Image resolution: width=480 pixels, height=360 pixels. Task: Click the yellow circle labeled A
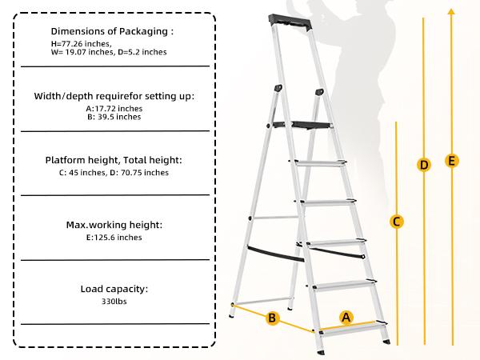[x=346, y=317]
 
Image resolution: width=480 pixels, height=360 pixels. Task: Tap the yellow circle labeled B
[x=271, y=318]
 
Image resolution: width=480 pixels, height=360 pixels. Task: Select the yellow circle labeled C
[x=396, y=222]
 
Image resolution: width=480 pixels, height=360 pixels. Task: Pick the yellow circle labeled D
[x=424, y=165]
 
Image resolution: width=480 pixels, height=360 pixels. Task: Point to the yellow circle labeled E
[x=452, y=161]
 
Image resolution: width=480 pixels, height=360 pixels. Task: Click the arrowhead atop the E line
[x=452, y=10]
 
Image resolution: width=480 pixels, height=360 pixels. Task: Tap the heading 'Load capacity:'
[x=114, y=289]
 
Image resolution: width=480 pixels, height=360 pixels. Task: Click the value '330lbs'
[x=114, y=302]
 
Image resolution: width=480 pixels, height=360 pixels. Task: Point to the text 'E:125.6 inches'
[x=114, y=237]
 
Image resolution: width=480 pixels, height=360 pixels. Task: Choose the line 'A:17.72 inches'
[x=114, y=107]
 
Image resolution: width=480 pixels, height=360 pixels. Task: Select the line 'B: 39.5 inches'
[x=114, y=117]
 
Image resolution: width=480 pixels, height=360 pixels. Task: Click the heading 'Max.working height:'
[x=114, y=224]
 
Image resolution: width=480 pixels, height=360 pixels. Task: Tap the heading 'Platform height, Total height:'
[x=114, y=159]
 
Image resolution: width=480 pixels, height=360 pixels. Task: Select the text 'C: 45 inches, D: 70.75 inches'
[x=114, y=172]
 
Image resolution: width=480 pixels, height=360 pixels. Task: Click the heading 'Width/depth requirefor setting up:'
[x=114, y=95]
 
